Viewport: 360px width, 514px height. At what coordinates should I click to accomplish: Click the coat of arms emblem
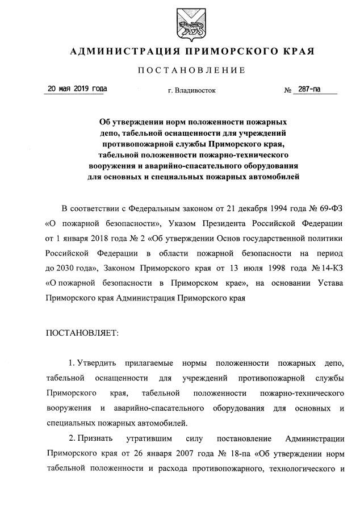[x=179, y=22]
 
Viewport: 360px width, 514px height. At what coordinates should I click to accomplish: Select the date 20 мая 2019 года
[x=77, y=89]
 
